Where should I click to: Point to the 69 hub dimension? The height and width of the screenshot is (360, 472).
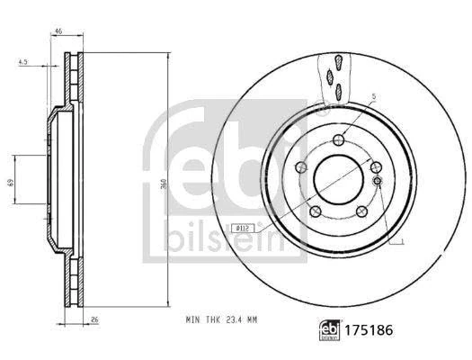[x=11, y=183]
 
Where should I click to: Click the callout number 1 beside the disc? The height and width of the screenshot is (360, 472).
[x=403, y=242]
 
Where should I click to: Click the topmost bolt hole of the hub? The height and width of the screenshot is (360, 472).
[x=337, y=139]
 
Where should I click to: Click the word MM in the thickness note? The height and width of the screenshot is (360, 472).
[x=255, y=318]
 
